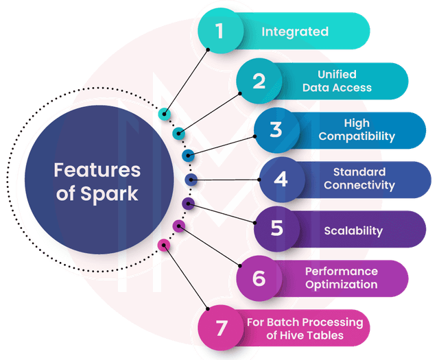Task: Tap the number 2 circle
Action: click(258, 82)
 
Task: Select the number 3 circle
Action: click(275, 130)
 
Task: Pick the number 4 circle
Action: click(280, 180)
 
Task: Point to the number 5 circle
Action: click(276, 228)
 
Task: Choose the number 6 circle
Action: click(258, 278)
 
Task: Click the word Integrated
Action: click(295, 32)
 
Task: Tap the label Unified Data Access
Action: click(336, 82)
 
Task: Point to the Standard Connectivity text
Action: click(359, 179)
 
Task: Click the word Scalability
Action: click(353, 230)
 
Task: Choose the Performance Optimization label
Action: click(341, 278)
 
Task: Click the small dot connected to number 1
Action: click(164, 115)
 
